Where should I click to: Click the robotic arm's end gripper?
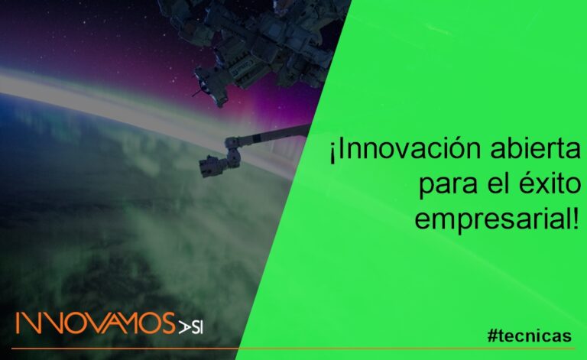tap(212, 164)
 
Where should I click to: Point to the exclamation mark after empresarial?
tap(575, 219)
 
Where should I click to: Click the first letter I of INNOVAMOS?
tap(18, 323)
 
